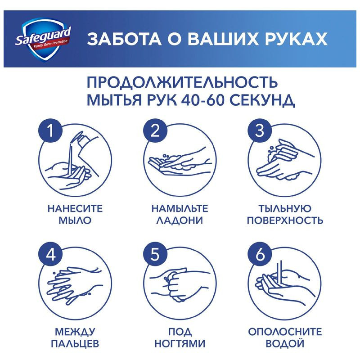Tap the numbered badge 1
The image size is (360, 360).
(52, 131)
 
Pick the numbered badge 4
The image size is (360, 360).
(52, 256)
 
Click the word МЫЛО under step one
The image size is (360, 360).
(75, 221)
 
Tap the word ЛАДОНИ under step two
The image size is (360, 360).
(180, 221)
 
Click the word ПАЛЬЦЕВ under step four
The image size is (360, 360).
(75, 345)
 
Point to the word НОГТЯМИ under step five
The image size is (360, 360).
(180, 345)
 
